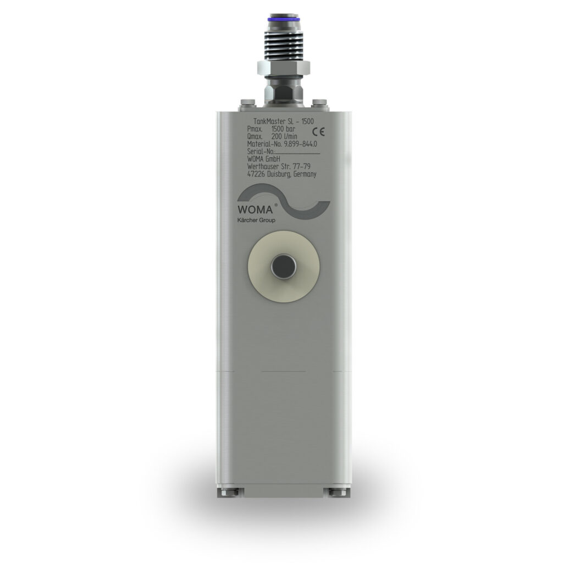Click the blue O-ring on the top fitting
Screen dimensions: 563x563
pos(283,18)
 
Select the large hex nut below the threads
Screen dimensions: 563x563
pos(283,68)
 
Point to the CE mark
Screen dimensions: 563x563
pos(318,132)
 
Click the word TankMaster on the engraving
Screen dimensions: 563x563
pos(269,122)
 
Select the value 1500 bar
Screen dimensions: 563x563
pos(283,129)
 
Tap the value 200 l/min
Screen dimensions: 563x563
pos(284,136)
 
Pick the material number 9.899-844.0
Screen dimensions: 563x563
pos(300,144)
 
